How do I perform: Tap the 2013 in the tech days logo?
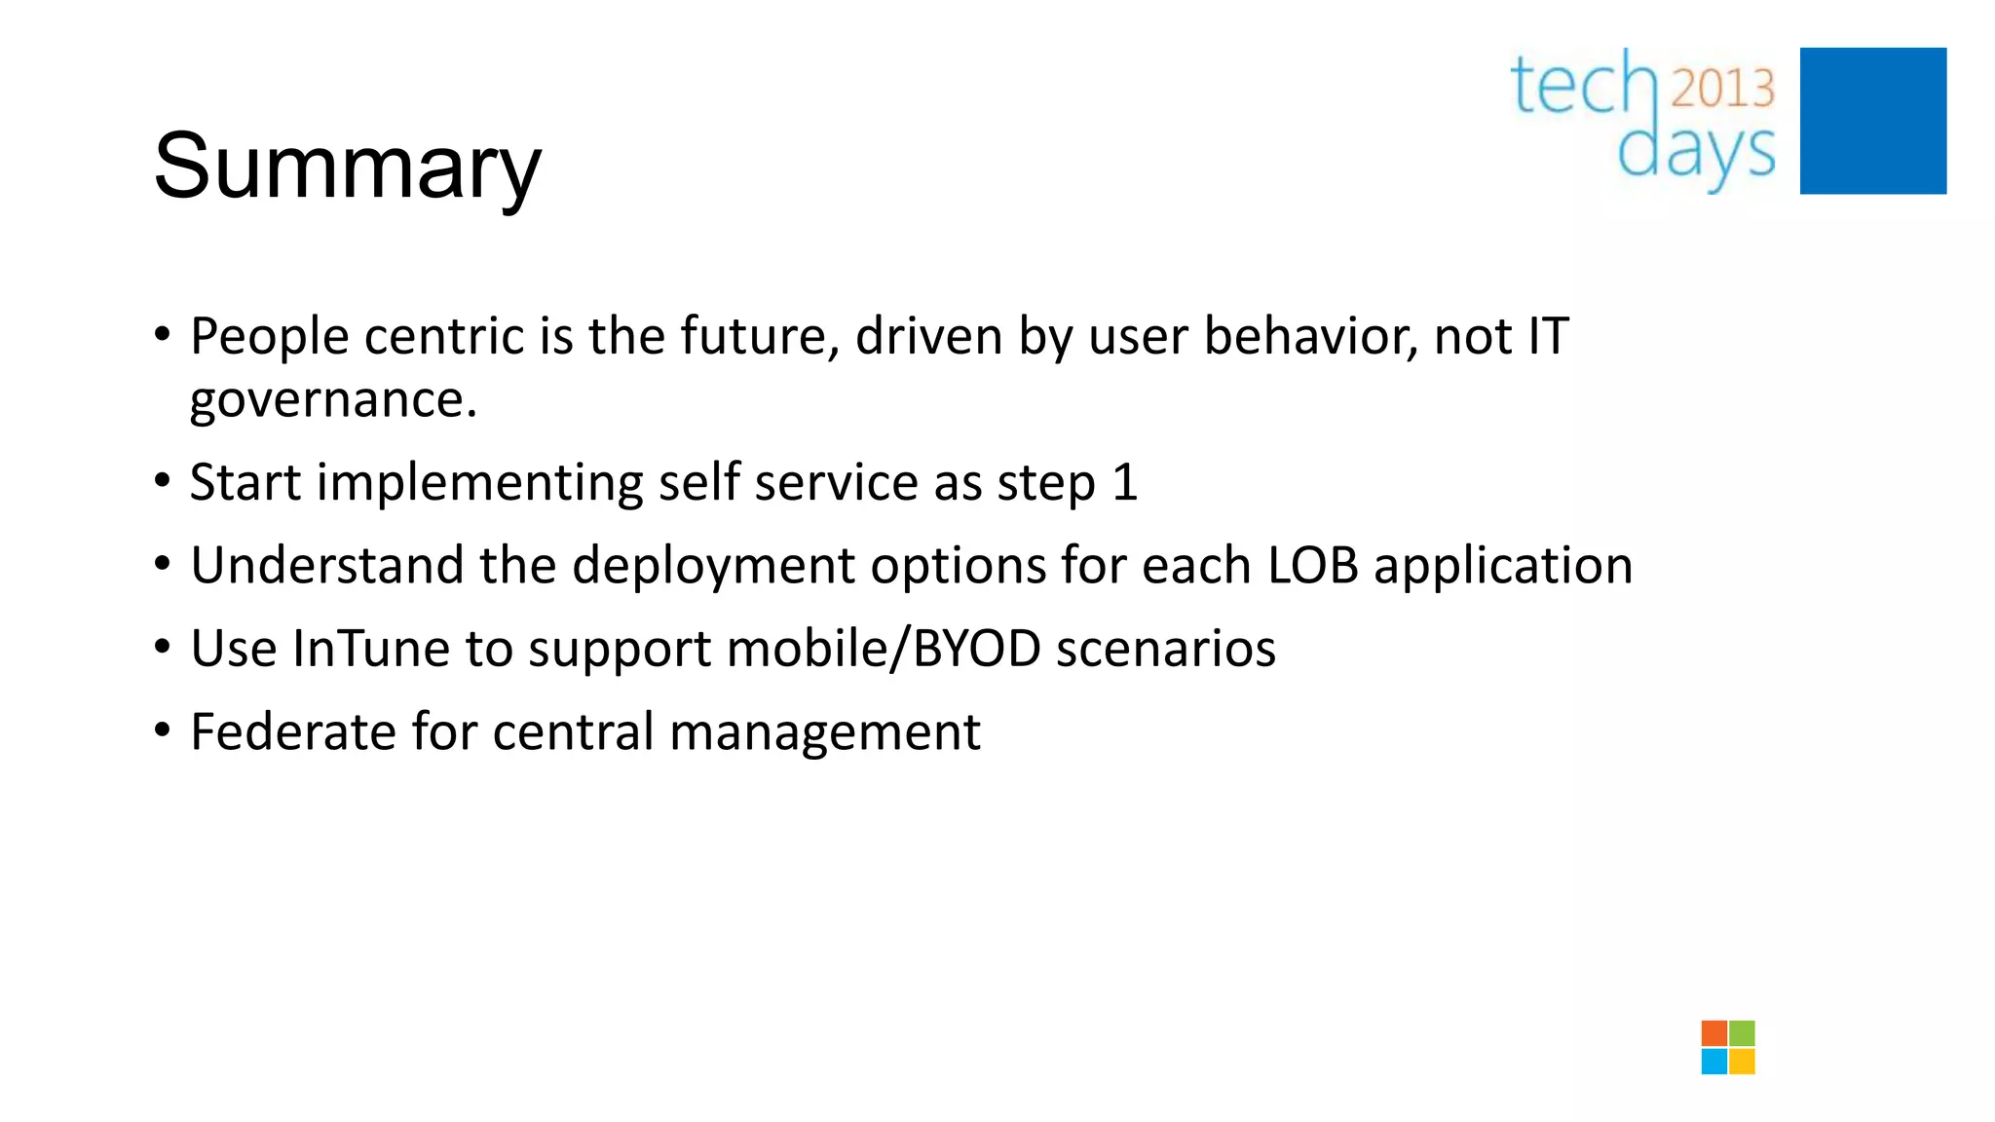point(1722,89)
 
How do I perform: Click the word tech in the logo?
point(1584,85)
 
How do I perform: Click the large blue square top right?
point(1872,121)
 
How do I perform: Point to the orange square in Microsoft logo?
point(1713,1033)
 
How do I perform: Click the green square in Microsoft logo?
point(1742,1033)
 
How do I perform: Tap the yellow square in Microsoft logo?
point(1742,1062)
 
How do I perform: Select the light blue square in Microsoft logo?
point(1713,1062)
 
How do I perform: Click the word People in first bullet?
point(269,338)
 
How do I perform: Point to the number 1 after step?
point(1124,483)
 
